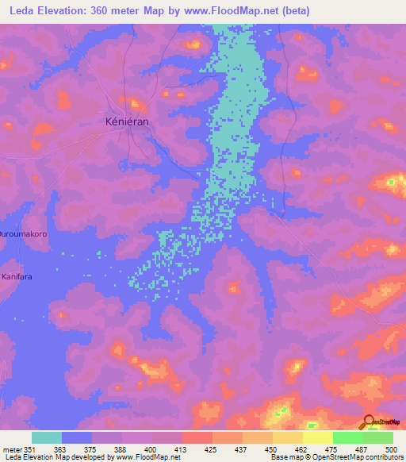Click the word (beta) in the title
pos(294,10)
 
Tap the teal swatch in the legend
pos(47,437)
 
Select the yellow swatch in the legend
pos(316,437)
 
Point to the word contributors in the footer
pos(380,457)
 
